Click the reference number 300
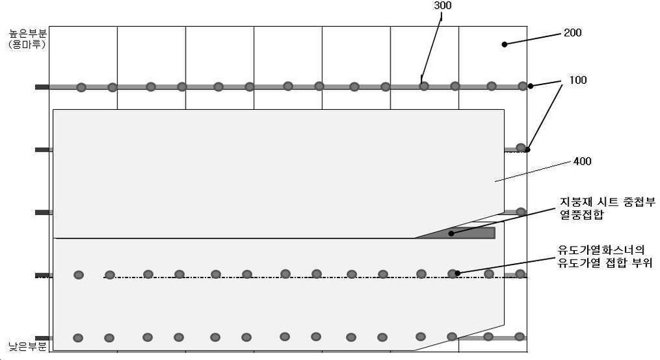click(443, 5)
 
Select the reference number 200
click(573, 33)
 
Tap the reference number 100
click(578, 80)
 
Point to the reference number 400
click(582, 161)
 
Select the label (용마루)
click(27, 44)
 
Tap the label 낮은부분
click(27, 346)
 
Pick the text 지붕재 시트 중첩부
click(607, 202)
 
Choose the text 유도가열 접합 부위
click(605, 263)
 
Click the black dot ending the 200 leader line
click(504, 44)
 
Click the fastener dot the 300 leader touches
click(424, 86)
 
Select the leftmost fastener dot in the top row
click(81, 87)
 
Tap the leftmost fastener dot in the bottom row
click(78, 338)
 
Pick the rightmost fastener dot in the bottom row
click(520, 337)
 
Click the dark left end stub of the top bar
click(42, 87)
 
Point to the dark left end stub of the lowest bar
click(42, 338)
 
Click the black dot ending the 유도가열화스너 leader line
click(458, 273)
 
